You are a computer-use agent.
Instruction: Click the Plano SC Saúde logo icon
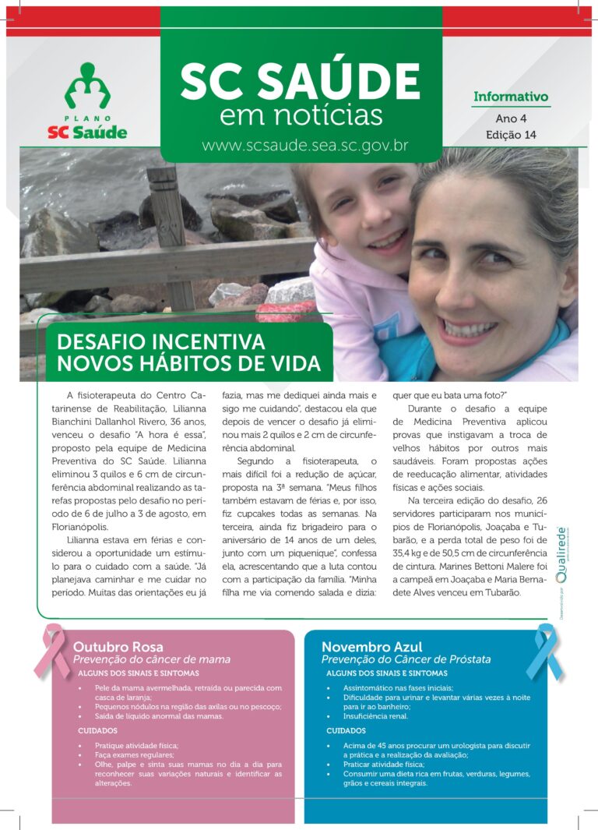(87, 86)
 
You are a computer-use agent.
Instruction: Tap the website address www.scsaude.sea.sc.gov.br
(305, 145)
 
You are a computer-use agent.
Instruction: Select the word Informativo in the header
(511, 97)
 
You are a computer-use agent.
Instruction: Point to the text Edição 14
(511, 135)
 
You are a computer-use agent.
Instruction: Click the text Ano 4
(511, 118)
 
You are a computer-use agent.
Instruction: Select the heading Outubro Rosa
(118, 647)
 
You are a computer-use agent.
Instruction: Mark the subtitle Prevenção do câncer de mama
(151, 659)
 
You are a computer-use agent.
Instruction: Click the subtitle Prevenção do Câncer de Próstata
(406, 659)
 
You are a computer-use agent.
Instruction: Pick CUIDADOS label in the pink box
(97, 731)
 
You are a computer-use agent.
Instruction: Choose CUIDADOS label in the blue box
(346, 731)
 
